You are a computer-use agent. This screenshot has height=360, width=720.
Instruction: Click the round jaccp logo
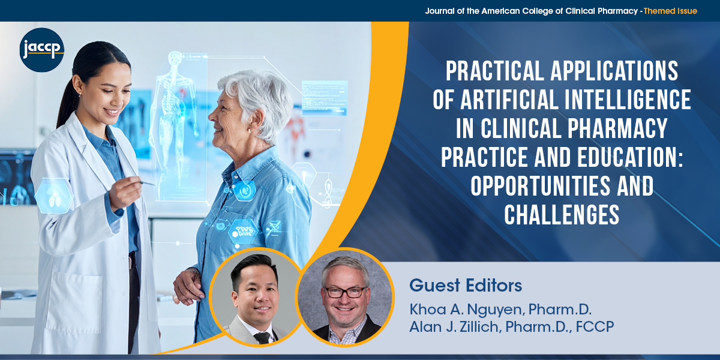tap(42, 50)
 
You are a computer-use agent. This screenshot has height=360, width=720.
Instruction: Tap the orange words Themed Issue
tap(670, 11)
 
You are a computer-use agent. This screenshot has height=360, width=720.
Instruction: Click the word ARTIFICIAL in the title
tap(510, 100)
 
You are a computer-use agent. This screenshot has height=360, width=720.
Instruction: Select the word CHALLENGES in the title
tap(562, 215)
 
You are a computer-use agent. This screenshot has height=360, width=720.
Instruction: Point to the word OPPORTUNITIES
tap(541, 186)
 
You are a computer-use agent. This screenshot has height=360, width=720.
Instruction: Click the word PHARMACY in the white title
tap(617, 128)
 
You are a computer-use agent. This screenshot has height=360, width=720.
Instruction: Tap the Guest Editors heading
tap(466, 285)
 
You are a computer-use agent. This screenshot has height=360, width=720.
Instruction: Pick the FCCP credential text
tap(595, 326)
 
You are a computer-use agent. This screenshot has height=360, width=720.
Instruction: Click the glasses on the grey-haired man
tap(345, 292)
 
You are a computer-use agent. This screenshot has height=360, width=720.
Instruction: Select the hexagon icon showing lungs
tap(53, 196)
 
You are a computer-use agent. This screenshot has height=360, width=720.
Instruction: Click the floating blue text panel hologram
tap(325, 98)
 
